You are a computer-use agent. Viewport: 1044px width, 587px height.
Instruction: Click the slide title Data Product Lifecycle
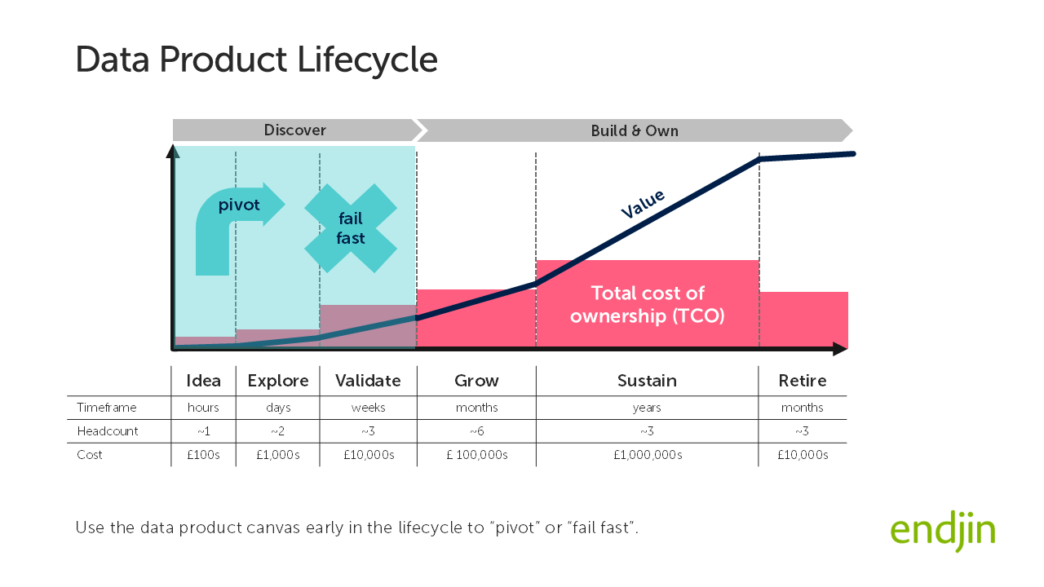tap(256, 60)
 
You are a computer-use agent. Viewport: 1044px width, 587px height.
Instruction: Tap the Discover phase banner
tap(294, 130)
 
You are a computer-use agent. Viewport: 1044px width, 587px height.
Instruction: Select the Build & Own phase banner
tap(634, 130)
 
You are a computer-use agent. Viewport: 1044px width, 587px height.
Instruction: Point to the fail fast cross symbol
tap(351, 227)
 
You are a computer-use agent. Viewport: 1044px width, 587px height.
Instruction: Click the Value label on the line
tap(643, 204)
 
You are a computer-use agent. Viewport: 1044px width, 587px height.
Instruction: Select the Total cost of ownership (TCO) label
tap(647, 304)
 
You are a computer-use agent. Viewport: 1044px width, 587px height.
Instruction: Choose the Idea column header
tap(203, 381)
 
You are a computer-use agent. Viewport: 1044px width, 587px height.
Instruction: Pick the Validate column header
tap(368, 381)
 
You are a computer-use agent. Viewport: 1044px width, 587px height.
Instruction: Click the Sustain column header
tap(647, 381)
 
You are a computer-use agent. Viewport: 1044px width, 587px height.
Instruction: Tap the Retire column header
tap(803, 381)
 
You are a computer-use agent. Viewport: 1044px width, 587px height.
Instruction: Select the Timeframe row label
tap(107, 408)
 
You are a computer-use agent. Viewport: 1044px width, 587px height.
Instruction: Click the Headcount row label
tap(108, 431)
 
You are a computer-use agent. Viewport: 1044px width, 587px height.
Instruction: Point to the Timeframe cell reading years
tap(647, 408)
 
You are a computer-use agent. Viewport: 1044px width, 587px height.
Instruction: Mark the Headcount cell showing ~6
tap(476, 431)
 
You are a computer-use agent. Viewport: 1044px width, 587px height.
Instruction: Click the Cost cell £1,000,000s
tap(648, 455)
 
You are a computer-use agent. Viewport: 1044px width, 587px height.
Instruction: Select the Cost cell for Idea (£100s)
tap(203, 455)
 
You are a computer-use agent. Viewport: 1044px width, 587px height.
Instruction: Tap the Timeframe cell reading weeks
tap(368, 408)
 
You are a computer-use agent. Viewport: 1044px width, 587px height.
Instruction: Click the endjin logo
tap(942, 532)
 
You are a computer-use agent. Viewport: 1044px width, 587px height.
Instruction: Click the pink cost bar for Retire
tap(803, 320)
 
